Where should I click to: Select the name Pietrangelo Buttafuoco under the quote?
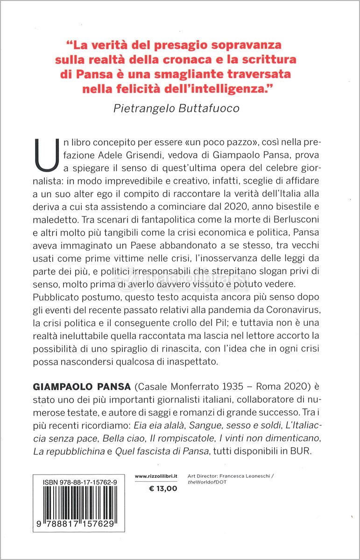click(x=177, y=108)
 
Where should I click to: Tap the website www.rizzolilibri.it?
click(x=156, y=476)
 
